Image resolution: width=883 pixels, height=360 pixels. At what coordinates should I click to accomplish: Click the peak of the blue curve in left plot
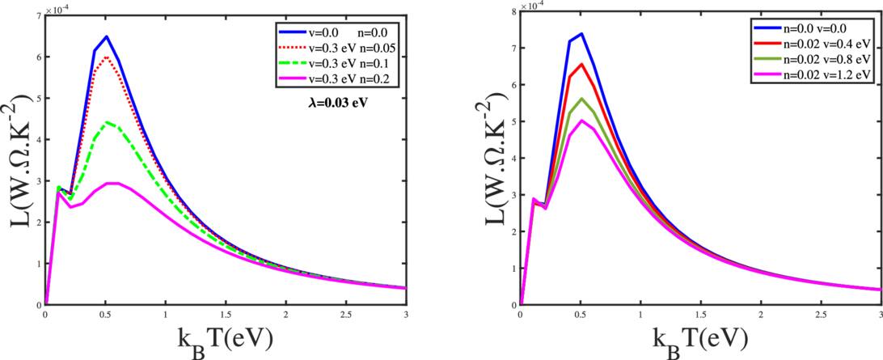[x=106, y=36]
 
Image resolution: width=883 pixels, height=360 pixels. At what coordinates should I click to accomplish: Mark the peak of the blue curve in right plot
[x=581, y=34]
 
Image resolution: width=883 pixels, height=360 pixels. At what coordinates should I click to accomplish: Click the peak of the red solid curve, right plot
[x=581, y=64]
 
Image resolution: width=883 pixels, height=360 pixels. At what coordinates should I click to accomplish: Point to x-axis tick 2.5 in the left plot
[x=345, y=316]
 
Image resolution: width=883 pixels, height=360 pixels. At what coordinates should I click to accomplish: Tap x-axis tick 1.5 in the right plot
[x=700, y=316]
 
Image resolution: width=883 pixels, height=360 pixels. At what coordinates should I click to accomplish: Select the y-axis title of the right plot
[x=488, y=158]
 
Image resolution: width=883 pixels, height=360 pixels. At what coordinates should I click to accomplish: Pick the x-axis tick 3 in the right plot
[x=880, y=316]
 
